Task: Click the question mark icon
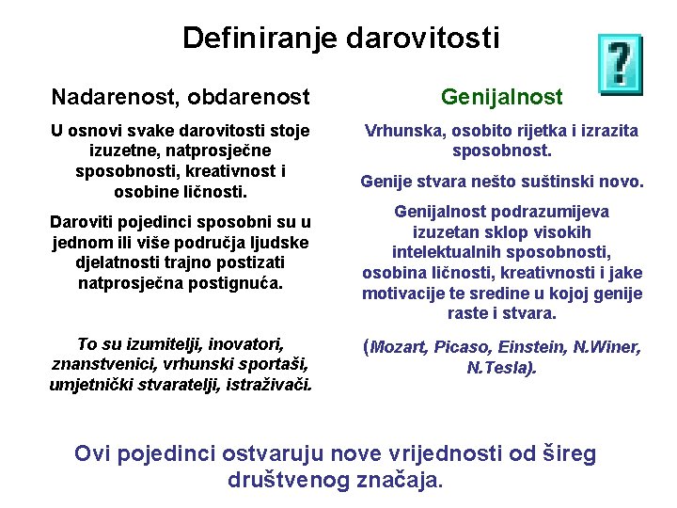(621, 64)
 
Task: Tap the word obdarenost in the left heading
(248, 97)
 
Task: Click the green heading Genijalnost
(502, 98)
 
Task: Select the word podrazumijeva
(550, 212)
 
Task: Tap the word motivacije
(403, 294)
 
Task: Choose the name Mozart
(399, 347)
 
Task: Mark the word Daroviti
(82, 222)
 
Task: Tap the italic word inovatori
(245, 344)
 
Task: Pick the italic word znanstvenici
(104, 365)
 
